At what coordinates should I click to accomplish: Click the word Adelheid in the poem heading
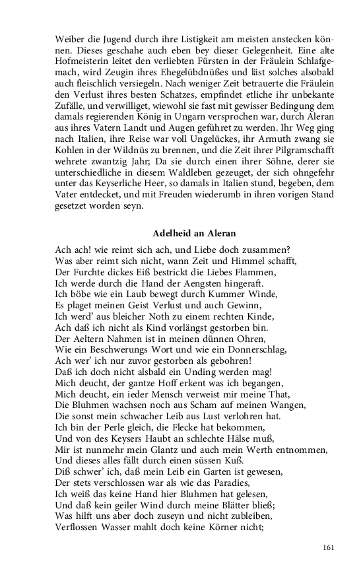tap(172, 233)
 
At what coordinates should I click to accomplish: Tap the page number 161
tap(329, 547)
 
